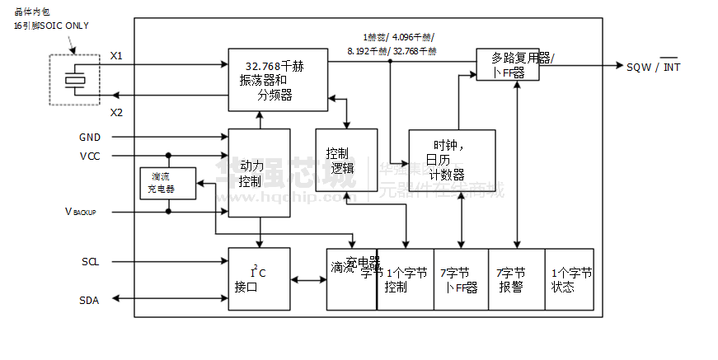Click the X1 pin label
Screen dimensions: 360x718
tap(116, 56)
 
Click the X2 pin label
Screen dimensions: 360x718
tap(116, 112)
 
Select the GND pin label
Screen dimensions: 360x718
tap(90, 138)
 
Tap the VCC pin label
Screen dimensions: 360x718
tap(90, 156)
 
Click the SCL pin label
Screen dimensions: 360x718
tap(90, 262)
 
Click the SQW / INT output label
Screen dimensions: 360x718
tap(654, 68)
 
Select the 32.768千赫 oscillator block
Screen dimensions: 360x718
tap(278, 81)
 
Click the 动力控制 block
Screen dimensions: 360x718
tap(259, 173)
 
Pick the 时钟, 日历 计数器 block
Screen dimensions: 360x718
tap(452, 160)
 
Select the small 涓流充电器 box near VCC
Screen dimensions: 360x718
tap(167, 183)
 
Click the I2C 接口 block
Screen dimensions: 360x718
tap(259, 279)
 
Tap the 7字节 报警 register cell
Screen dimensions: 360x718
tap(517, 279)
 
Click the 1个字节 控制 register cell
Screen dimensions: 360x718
tap(406, 279)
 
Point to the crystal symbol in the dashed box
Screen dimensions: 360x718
tap(76, 80)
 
